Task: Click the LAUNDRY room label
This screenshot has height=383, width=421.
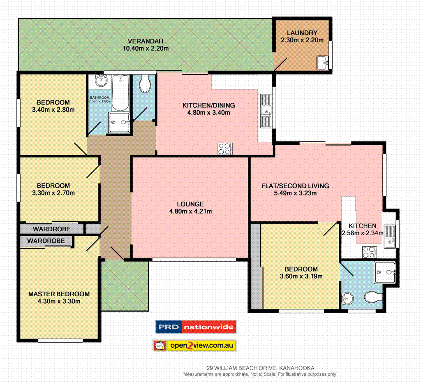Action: (302, 33)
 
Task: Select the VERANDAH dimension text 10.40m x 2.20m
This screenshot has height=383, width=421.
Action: (146, 49)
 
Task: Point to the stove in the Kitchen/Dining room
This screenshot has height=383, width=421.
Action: (225, 149)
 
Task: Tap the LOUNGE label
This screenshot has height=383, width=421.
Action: (190, 204)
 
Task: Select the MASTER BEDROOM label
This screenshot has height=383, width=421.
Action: (59, 294)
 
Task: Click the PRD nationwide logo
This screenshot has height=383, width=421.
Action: (195, 327)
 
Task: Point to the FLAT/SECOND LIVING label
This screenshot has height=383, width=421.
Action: (295, 186)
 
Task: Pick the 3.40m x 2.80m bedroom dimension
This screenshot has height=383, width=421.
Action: (53, 109)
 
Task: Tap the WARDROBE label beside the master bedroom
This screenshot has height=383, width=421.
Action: (46, 241)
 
